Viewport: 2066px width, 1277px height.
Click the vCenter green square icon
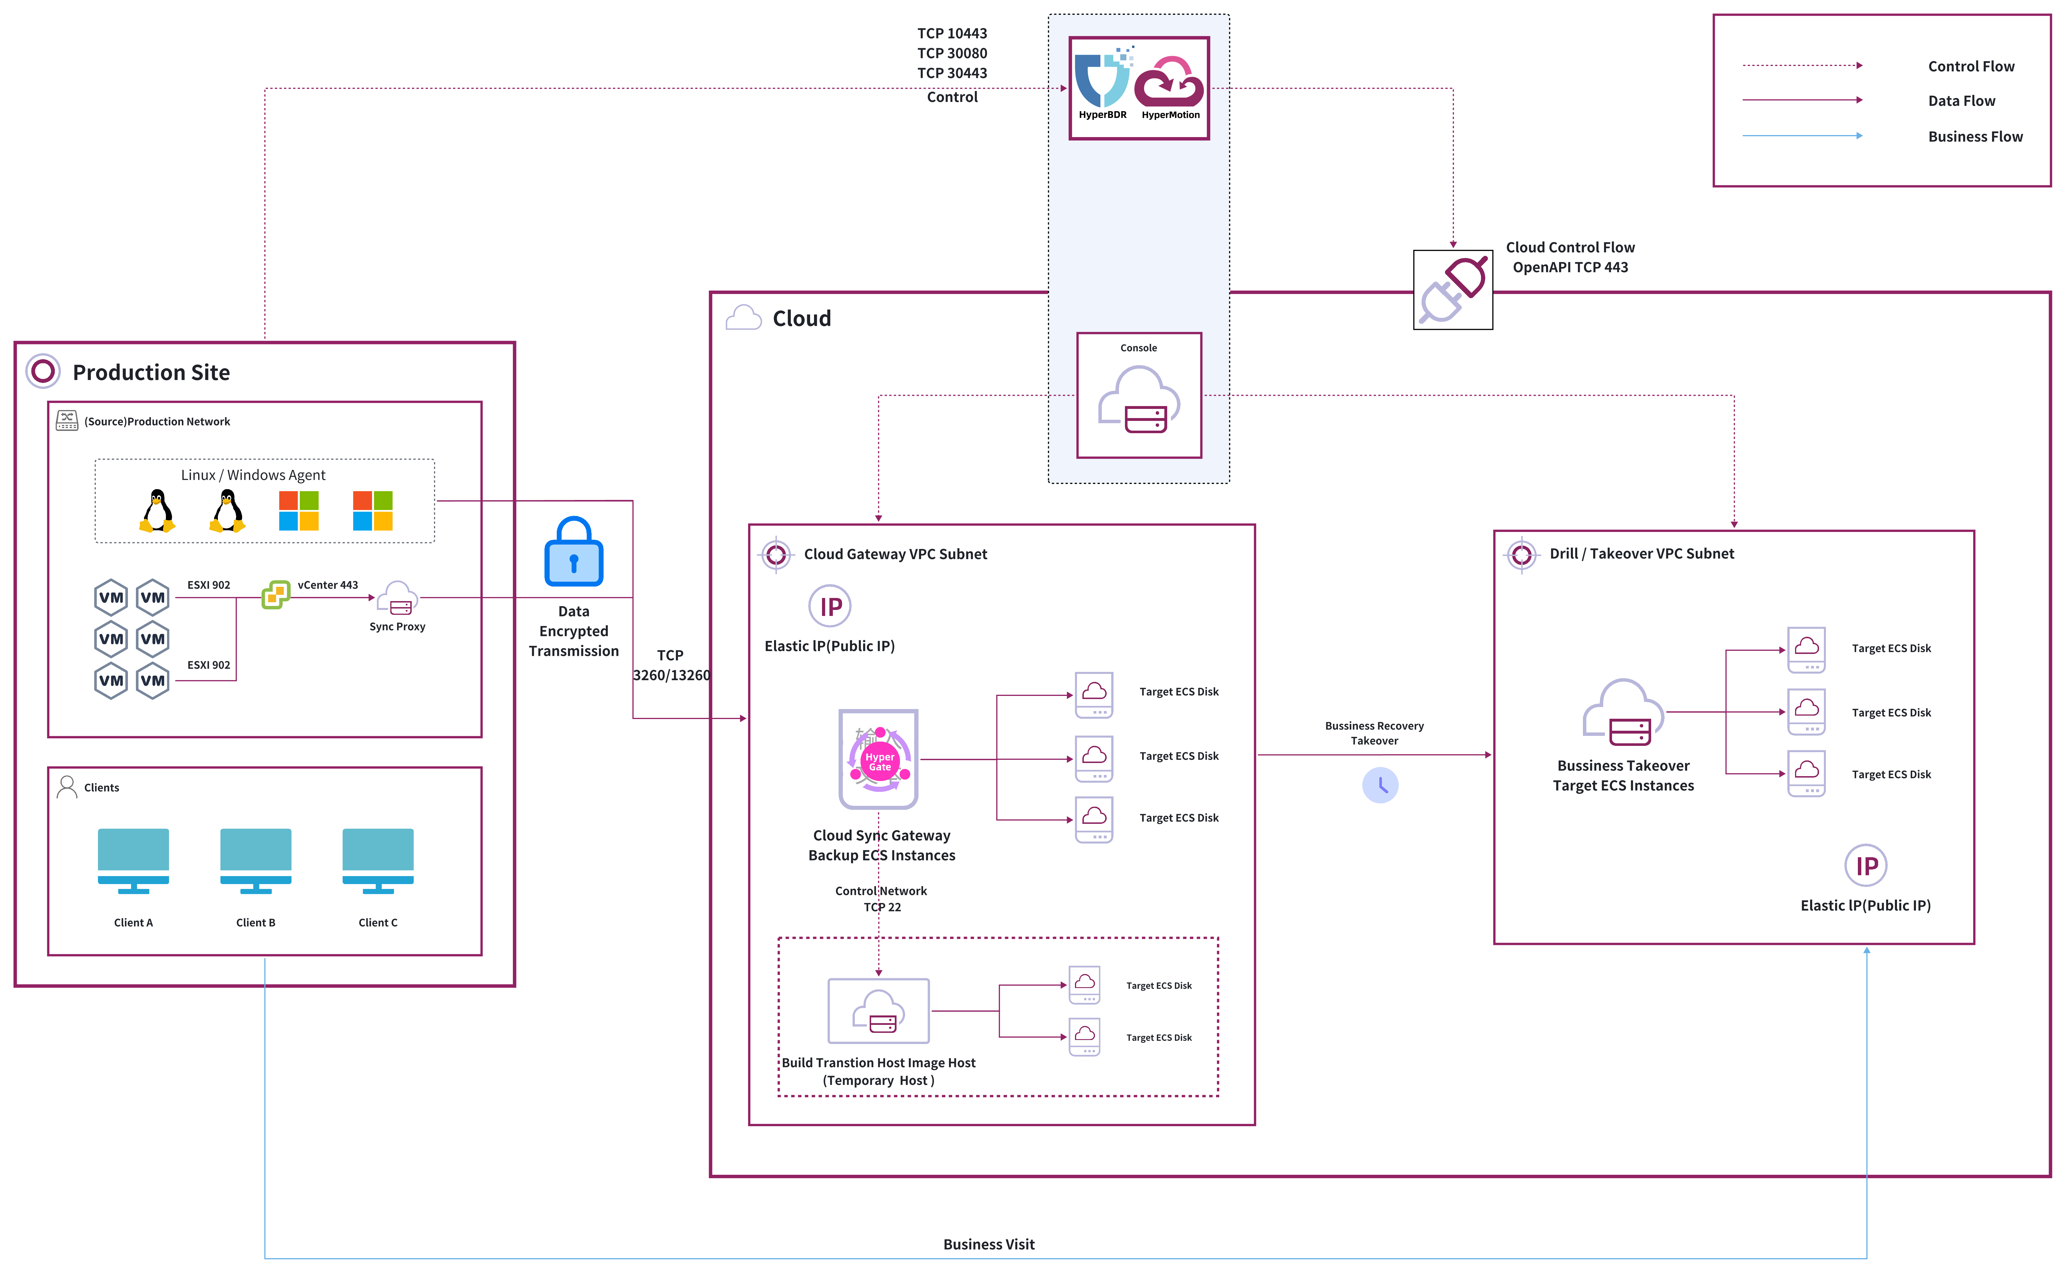(x=275, y=595)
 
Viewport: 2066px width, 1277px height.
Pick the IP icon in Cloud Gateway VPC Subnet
(x=830, y=607)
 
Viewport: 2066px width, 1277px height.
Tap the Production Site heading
(x=151, y=372)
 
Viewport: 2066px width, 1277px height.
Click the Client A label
(x=133, y=922)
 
